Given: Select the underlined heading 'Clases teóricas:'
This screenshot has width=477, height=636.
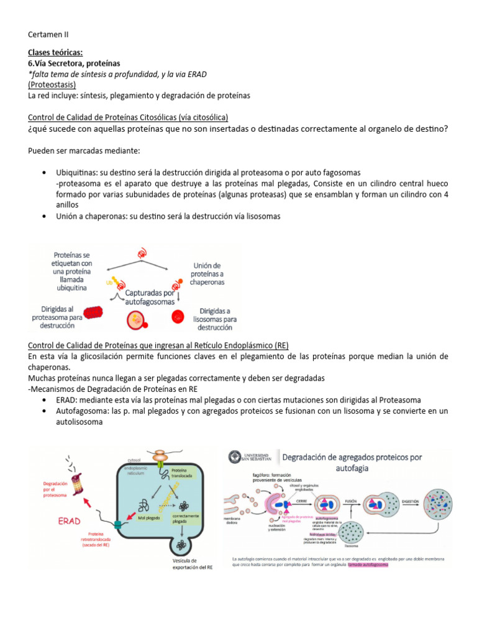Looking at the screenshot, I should click(55, 53).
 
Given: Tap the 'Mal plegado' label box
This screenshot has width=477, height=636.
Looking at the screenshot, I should click(150, 517).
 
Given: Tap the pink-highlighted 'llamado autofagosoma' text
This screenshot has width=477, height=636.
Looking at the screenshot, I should click(367, 566).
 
